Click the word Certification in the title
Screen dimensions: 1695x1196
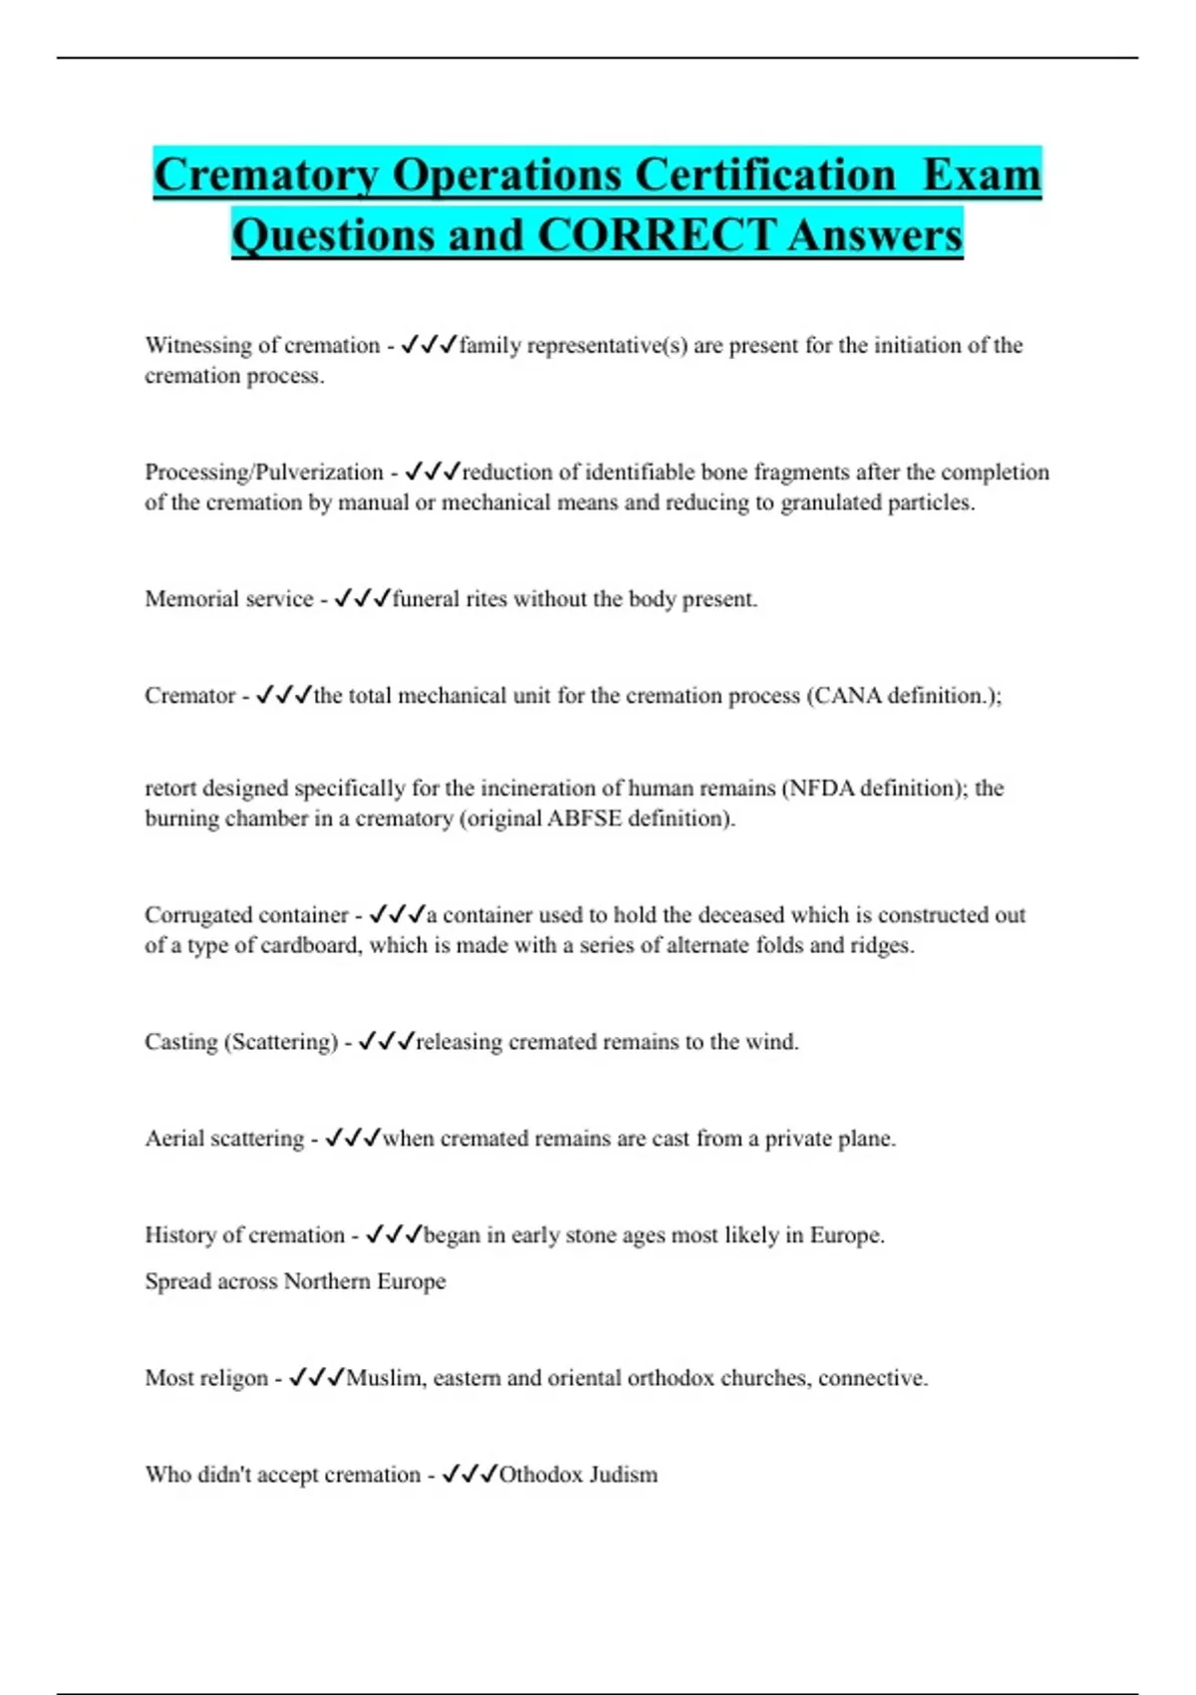coord(765,175)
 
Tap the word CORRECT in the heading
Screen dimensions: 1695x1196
coord(656,236)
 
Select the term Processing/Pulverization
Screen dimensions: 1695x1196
coord(264,472)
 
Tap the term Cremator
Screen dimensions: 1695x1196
coord(189,696)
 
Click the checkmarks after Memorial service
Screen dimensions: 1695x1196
coord(362,599)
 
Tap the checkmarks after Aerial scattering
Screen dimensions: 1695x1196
coord(353,1139)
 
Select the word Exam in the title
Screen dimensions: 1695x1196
coord(982,175)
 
